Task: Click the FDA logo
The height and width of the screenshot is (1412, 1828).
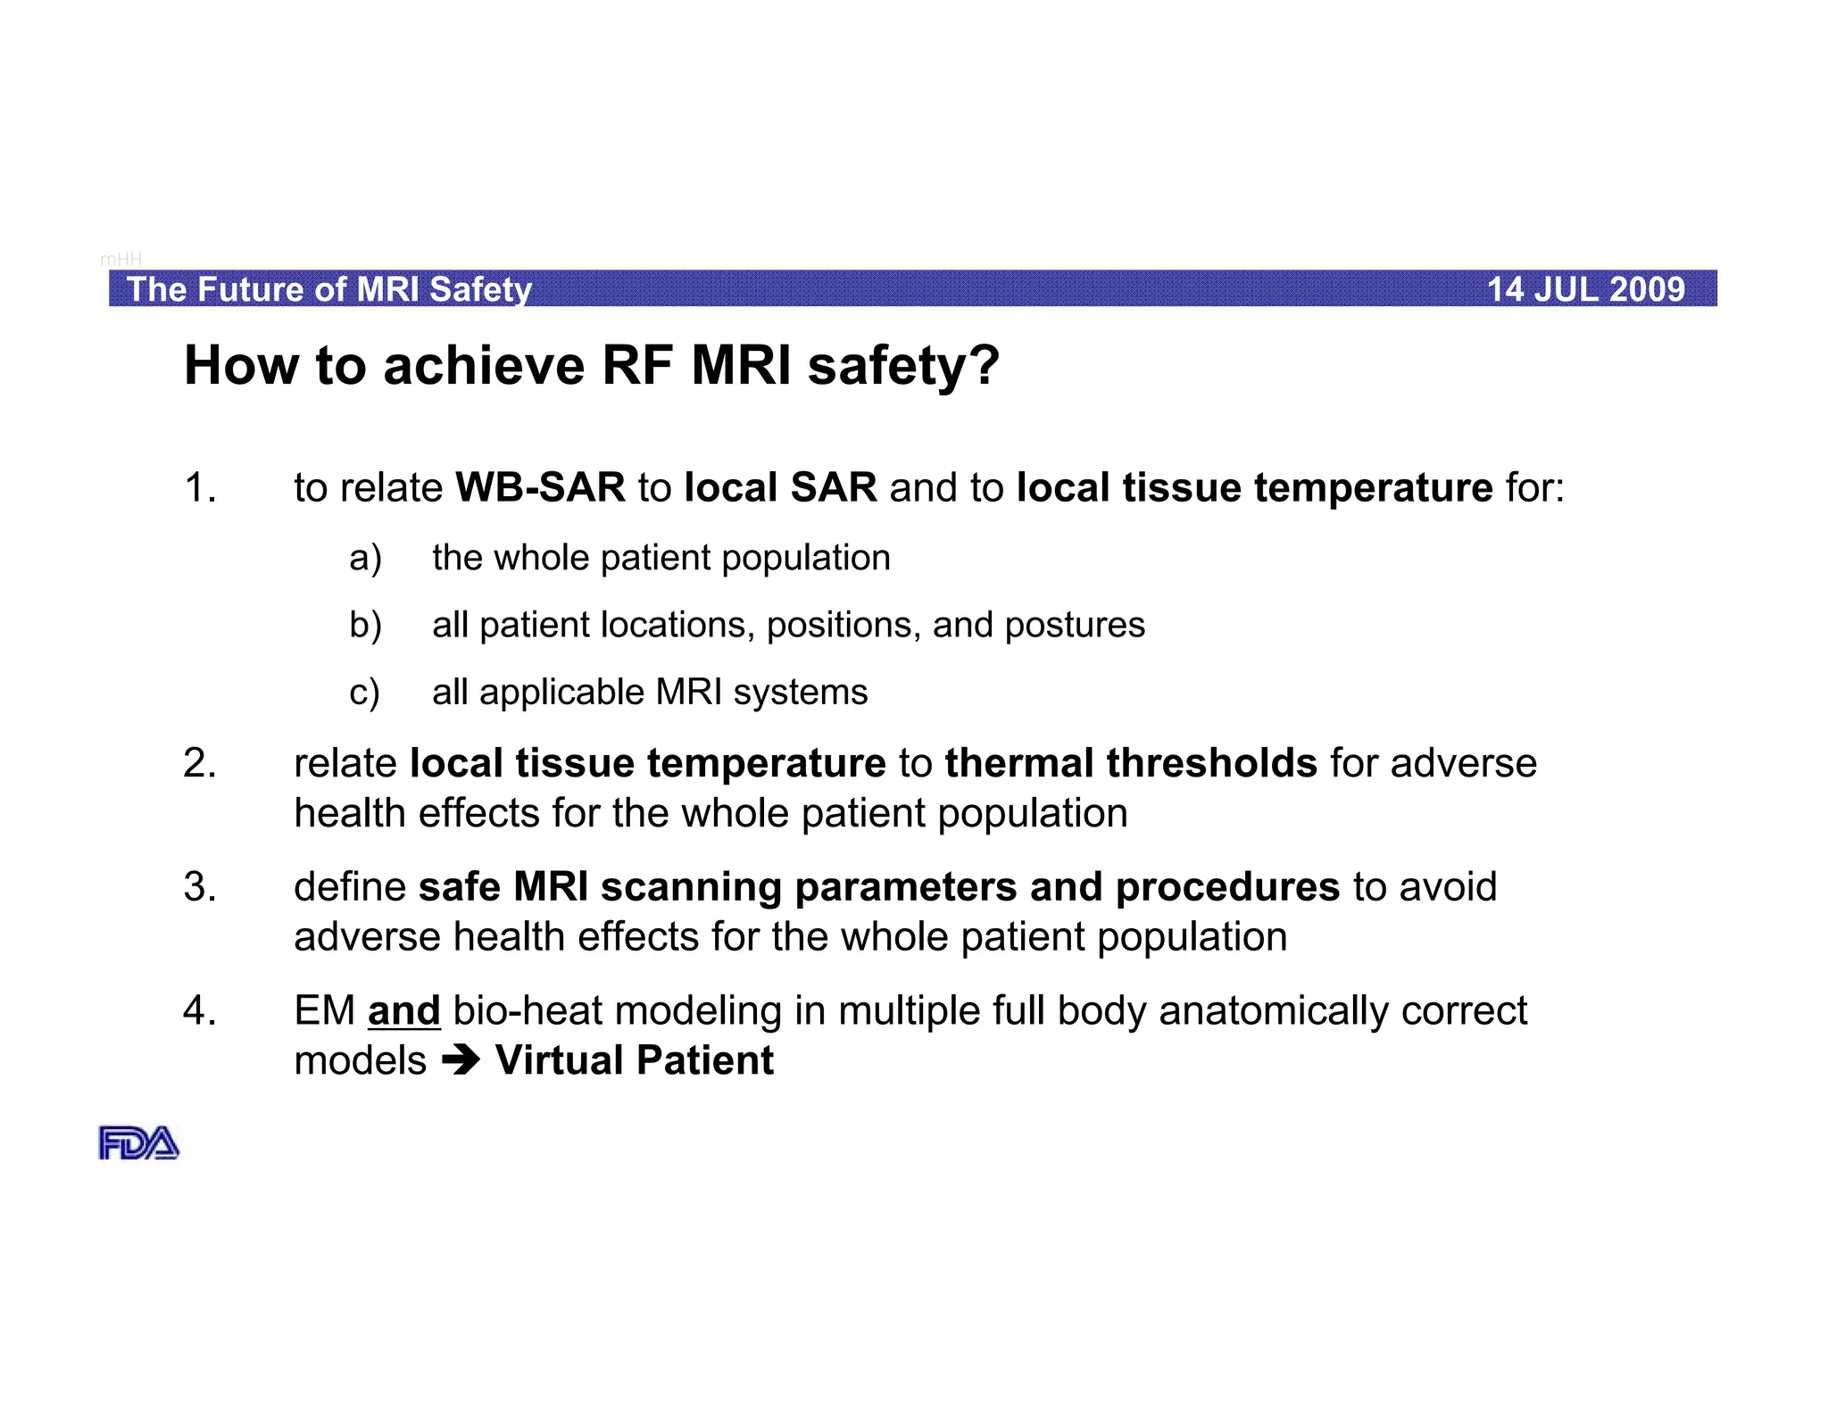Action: (x=138, y=1143)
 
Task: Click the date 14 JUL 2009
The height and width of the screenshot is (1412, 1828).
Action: (x=1585, y=290)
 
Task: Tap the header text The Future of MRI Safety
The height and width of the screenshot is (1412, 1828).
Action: (x=328, y=290)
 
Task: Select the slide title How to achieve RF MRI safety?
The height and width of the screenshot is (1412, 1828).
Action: (x=592, y=366)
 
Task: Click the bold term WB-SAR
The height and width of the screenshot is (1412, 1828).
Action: (x=540, y=488)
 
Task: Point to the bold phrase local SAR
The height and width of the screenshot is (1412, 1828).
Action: (x=780, y=488)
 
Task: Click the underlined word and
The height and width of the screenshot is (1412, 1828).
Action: (x=403, y=1011)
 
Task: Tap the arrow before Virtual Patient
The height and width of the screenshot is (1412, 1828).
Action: (x=461, y=1060)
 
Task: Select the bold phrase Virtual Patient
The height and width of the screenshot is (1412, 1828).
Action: (x=635, y=1060)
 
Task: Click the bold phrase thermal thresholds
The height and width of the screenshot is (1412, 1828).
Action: (x=1131, y=763)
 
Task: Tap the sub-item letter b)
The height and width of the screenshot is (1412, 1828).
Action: (x=365, y=625)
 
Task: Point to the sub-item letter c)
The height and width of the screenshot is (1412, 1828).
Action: (x=364, y=693)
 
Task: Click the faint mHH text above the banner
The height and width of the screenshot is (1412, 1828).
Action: (x=120, y=259)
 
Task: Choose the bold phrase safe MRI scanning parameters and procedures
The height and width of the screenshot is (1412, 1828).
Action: (x=878, y=887)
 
